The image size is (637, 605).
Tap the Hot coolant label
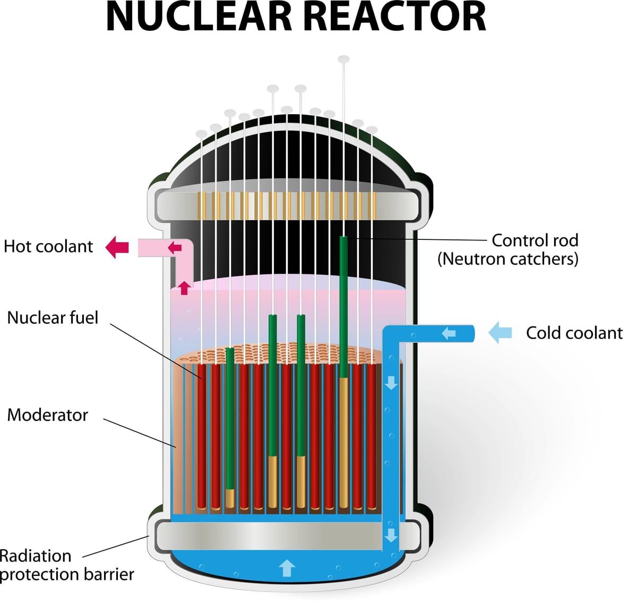[48, 247]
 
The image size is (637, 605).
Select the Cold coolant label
[574, 333]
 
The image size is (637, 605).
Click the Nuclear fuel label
[53, 318]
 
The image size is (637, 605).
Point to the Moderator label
[47, 415]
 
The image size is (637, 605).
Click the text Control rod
[535, 240]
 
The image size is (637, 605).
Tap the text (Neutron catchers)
[507, 259]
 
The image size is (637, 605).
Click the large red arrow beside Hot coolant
[117, 247]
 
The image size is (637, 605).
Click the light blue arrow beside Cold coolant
[500, 333]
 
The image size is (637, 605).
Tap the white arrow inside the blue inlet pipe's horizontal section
[449, 333]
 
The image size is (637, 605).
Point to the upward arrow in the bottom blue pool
[287, 568]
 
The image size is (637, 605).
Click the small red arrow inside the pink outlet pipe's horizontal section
[175, 247]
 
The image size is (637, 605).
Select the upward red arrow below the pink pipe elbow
[184, 288]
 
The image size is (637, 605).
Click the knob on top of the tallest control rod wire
[344, 59]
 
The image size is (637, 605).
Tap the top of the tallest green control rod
[343, 240]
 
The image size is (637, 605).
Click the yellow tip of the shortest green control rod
[230, 498]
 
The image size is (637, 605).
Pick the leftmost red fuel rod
[202, 435]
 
